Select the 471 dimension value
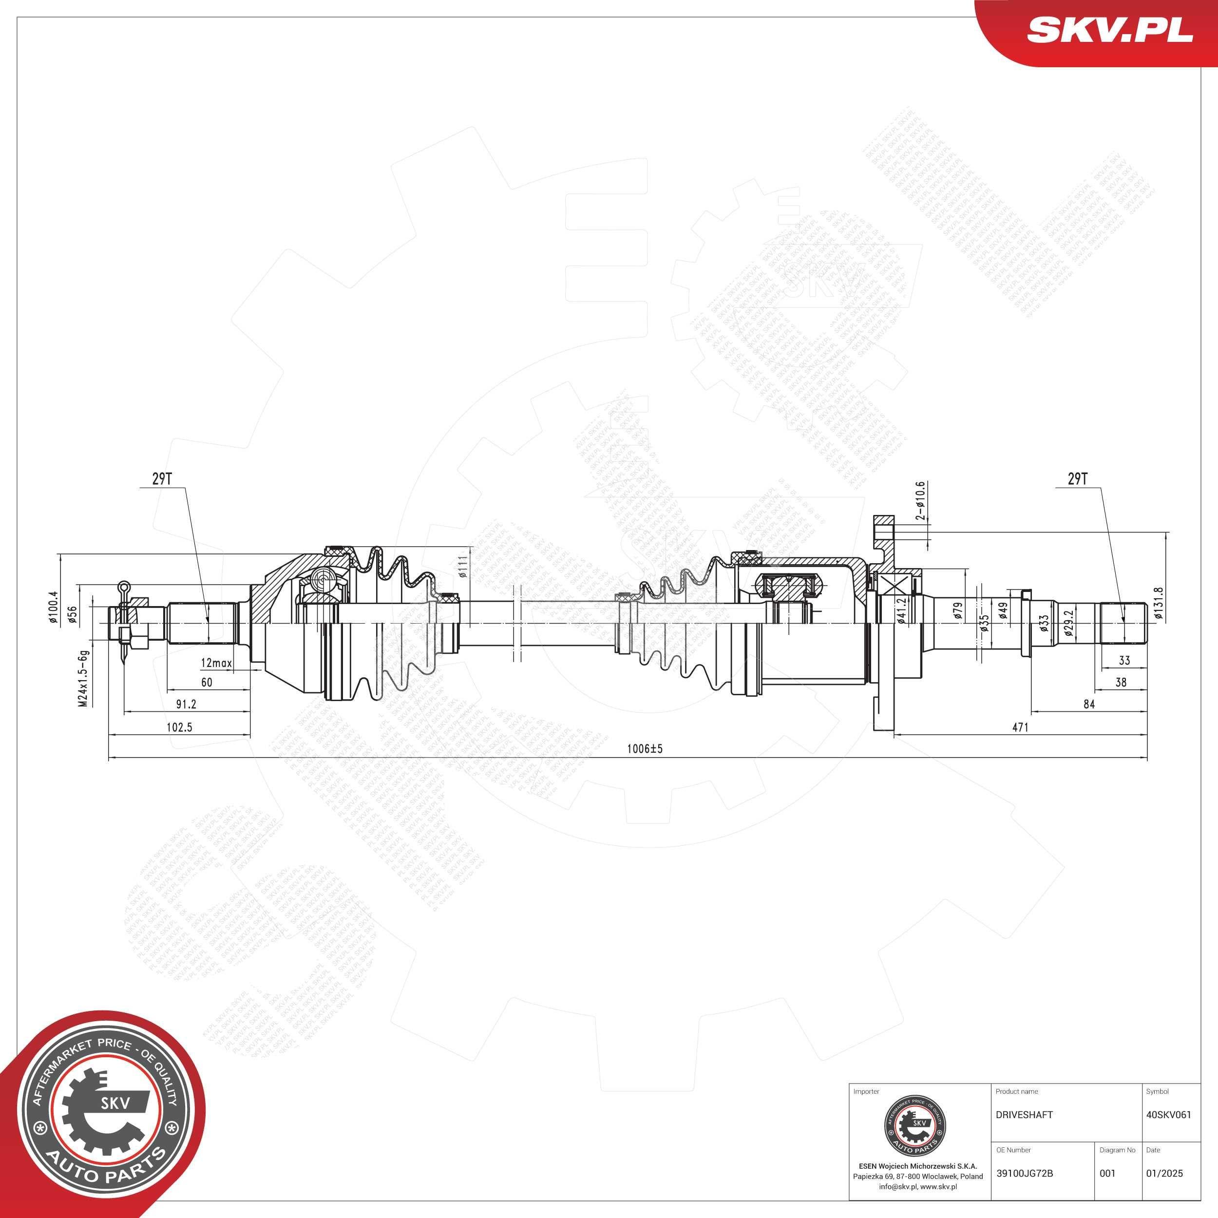coord(1020,727)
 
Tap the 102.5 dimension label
coord(179,727)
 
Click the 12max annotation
coord(216,663)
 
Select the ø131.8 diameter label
coord(1158,604)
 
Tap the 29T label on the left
coord(161,479)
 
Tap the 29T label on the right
coord(1077,479)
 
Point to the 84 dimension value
coord(1089,704)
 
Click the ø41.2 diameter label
coord(902,611)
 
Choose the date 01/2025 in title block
coord(1164,1173)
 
